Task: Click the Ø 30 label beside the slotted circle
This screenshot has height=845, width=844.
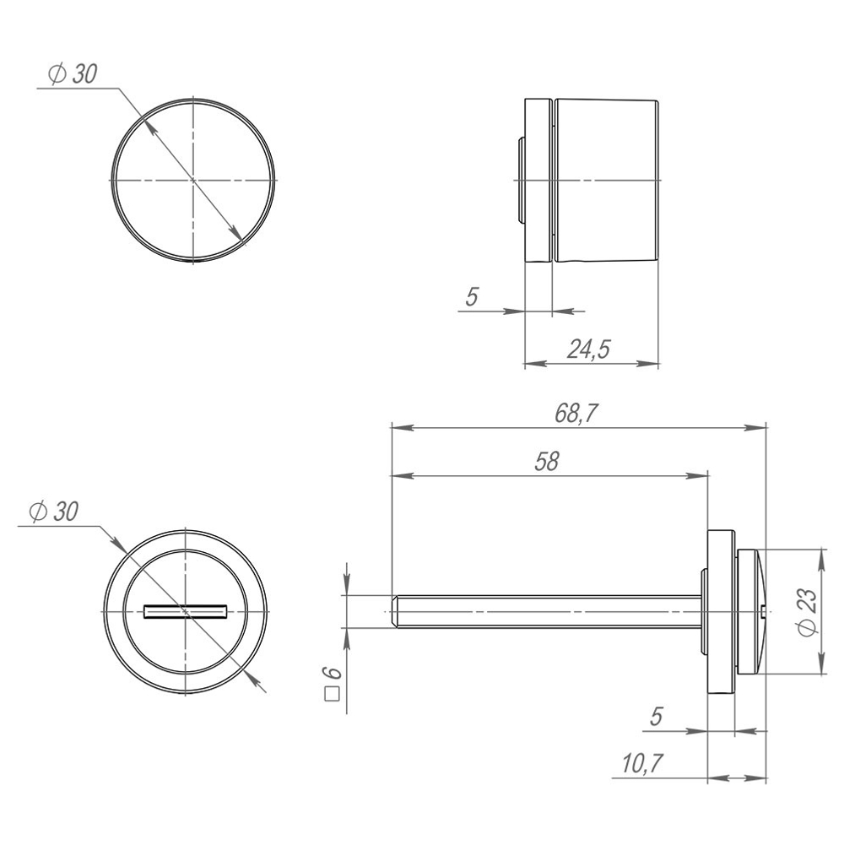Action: (x=52, y=512)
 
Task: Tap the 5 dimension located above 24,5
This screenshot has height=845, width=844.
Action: (x=472, y=297)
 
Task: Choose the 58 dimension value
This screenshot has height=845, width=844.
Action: (x=547, y=462)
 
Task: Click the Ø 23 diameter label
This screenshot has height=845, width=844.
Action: (x=806, y=612)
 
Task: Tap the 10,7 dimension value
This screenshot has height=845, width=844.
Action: (x=641, y=764)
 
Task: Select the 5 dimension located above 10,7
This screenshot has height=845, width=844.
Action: (x=656, y=717)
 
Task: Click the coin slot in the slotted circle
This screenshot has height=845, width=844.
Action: (x=186, y=610)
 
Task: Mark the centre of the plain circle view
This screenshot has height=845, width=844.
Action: (x=194, y=181)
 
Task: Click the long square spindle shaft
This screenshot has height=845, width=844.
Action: (x=549, y=611)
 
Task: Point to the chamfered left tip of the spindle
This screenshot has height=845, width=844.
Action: (x=395, y=611)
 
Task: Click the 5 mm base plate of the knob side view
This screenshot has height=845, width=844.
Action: (x=538, y=181)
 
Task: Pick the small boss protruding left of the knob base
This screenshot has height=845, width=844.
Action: (x=520, y=181)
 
